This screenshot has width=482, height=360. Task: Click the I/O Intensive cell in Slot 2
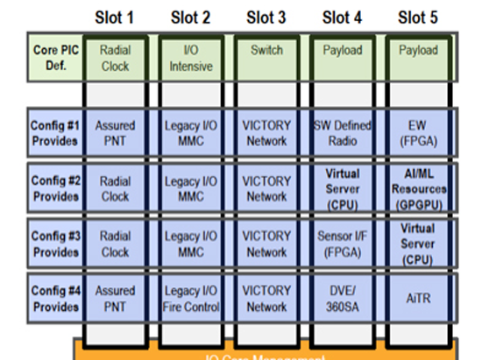(x=191, y=58)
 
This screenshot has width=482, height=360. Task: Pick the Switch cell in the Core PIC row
(x=266, y=51)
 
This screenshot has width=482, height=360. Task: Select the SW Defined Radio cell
(x=342, y=132)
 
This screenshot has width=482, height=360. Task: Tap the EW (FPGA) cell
(x=417, y=132)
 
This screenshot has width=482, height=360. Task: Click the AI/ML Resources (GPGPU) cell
(x=417, y=188)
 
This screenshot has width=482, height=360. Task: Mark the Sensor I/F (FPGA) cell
(x=342, y=244)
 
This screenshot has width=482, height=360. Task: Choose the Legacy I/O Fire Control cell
(x=191, y=300)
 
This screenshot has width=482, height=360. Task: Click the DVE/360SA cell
(x=342, y=300)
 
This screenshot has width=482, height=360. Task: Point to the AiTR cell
(x=417, y=300)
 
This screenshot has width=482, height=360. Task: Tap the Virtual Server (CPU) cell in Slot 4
(x=342, y=188)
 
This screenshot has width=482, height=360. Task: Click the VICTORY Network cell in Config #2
(x=266, y=188)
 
